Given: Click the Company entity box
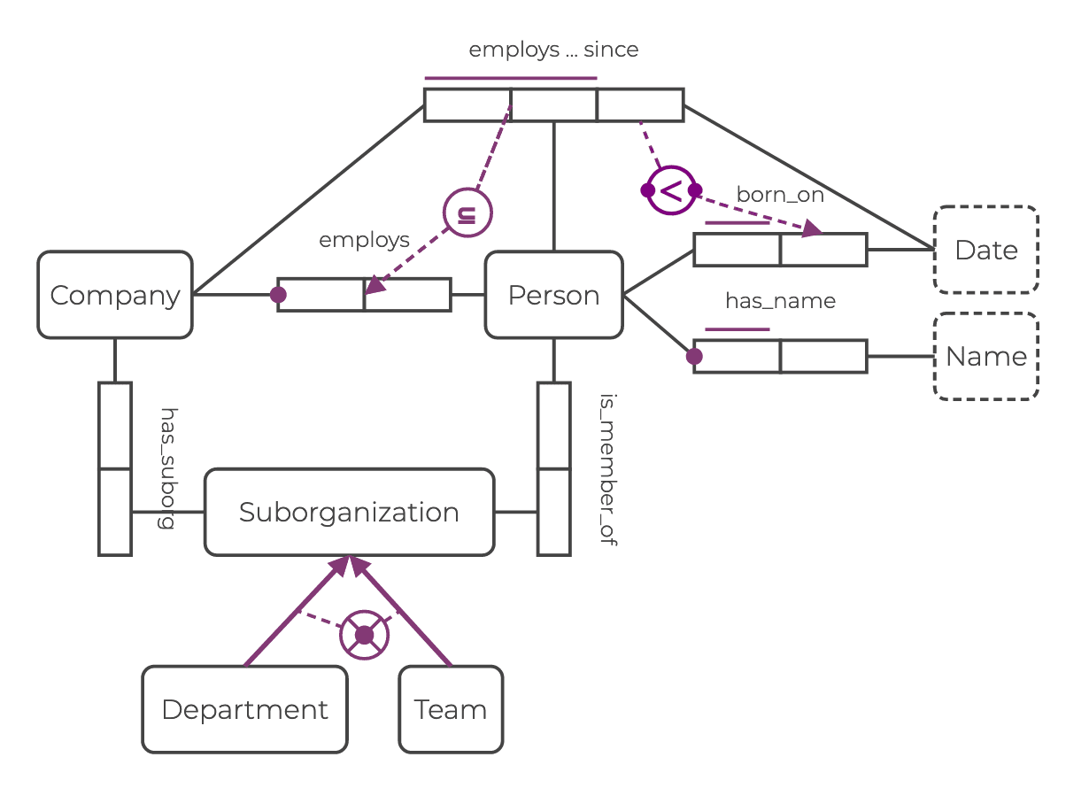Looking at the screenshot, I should click(115, 295).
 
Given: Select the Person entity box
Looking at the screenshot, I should click(553, 295).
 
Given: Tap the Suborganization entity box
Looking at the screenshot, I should click(349, 512).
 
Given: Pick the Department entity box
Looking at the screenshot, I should click(244, 709).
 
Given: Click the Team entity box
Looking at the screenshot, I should click(451, 709).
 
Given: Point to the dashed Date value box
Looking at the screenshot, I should click(985, 250).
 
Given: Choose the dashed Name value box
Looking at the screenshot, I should click(985, 356).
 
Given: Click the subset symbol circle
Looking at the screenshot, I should click(467, 213).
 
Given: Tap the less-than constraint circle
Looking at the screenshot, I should click(671, 189).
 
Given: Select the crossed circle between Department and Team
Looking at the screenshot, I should click(364, 635).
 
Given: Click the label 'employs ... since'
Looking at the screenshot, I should click(553, 50).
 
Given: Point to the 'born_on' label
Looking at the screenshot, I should click(780, 195).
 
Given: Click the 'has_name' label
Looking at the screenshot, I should click(780, 301).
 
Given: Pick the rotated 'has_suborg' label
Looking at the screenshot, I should click(166, 468).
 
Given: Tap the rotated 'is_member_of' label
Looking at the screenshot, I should click(607, 469).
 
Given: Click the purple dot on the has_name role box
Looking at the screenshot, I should click(694, 356).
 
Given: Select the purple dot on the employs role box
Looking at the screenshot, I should click(278, 295).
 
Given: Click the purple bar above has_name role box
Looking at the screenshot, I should click(738, 329).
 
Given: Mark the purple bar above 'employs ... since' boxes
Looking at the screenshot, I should click(511, 78).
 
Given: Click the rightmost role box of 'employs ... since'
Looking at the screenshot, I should click(640, 104).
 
